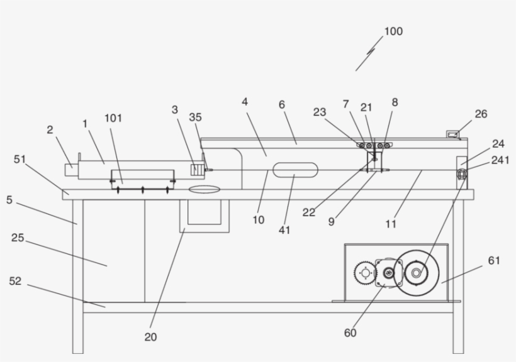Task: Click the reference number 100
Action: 393,31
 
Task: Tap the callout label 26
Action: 481,114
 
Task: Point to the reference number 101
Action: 113,118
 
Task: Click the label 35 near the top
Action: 196,117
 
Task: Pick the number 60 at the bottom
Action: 351,332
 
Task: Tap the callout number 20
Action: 150,337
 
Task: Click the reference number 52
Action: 15,281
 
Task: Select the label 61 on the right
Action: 495,260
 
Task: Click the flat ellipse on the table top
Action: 204,188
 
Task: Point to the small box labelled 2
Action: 70,170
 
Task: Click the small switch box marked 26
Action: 452,134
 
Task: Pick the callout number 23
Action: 320,112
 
